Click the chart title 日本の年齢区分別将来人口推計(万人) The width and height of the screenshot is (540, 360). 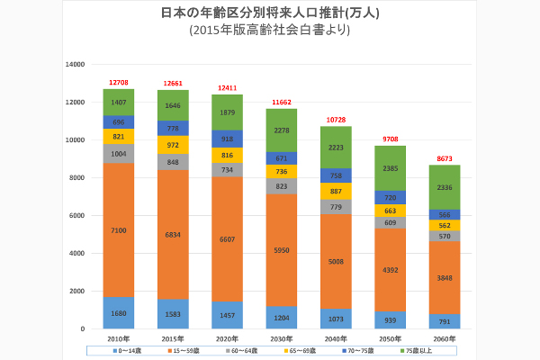(269, 13)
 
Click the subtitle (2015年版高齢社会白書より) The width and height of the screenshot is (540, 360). (269, 30)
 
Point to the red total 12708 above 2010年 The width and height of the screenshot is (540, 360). (119, 82)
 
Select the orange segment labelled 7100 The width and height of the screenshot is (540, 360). (119, 230)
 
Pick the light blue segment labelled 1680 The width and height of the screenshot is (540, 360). (119, 313)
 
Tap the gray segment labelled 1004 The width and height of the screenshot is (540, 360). (119, 154)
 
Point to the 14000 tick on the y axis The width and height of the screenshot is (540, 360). (76, 65)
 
